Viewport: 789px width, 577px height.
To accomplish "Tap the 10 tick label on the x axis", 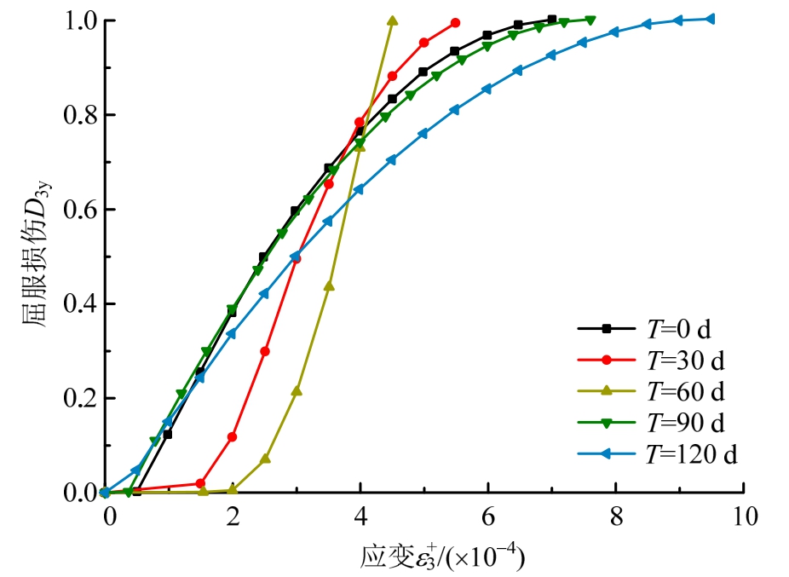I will click(743, 518).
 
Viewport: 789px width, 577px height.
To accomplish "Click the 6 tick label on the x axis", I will click(487, 518).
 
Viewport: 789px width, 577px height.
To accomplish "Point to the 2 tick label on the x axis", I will click(232, 518).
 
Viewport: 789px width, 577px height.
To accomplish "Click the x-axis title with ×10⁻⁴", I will click(441, 556).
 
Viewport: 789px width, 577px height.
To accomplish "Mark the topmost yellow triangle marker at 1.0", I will click(392, 20).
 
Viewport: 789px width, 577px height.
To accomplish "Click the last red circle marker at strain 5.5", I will click(456, 22).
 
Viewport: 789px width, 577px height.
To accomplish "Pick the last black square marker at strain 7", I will click(552, 19).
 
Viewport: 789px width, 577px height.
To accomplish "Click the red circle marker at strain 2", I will click(233, 437).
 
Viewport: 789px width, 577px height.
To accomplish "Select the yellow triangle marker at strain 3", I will click(297, 391).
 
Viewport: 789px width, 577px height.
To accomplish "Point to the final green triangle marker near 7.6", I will click(590, 20).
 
